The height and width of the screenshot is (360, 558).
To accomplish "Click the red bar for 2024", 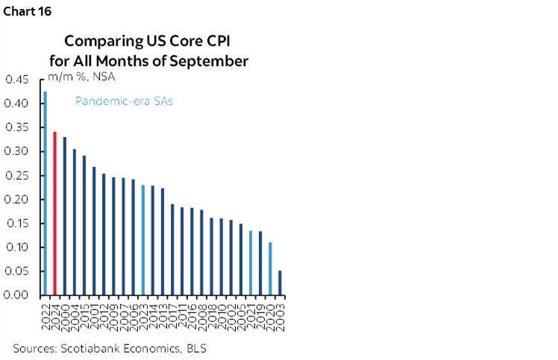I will (x=54, y=213).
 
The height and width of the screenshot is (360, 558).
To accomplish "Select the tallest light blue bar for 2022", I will (x=45, y=193).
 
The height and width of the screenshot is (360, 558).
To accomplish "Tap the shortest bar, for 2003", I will (x=280, y=282).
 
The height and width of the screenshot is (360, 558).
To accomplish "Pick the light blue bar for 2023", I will (x=143, y=240).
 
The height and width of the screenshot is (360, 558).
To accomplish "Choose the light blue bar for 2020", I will (x=270, y=268).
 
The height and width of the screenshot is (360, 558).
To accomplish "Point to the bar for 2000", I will (x=65, y=216).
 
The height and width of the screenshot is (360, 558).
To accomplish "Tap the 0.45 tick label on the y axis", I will (x=18, y=80).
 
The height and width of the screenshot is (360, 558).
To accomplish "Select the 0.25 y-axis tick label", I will (x=18, y=176).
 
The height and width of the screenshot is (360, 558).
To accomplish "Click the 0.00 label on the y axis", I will (x=18, y=295).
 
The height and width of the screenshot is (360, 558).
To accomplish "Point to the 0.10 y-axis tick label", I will (x=18, y=247).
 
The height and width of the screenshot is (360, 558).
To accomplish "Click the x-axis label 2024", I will (x=55, y=311).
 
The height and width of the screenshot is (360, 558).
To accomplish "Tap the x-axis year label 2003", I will (x=280, y=311).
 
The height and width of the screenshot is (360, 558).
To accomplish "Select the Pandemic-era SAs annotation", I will (x=123, y=101).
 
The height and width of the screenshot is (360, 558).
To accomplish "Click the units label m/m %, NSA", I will (x=81, y=76).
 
